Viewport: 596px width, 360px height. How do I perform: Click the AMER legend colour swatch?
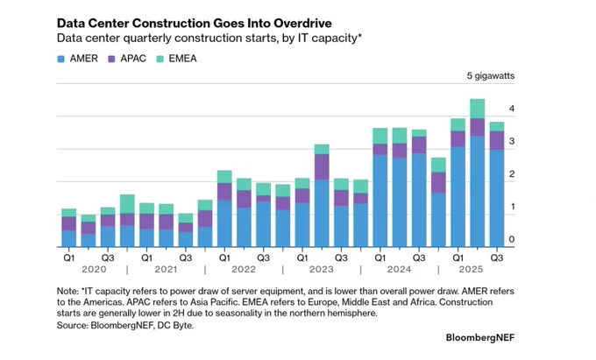[x=60, y=59]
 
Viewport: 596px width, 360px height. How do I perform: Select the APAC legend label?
[x=133, y=59]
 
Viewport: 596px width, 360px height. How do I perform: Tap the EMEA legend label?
[x=183, y=59]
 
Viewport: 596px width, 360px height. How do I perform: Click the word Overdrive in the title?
[x=303, y=23]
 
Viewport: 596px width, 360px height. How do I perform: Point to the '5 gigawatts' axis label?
[x=491, y=76]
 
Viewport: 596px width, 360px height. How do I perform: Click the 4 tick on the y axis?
[x=512, y=109]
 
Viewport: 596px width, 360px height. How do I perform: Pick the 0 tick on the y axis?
[x=512, y=239]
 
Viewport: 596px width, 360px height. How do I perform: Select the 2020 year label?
[x=95, y=269]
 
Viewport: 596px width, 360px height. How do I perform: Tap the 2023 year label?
[x=321, y=269]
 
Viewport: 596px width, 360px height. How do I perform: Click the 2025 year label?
[x=471, y=269]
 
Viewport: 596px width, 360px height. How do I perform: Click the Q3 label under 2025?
[x=497, y=258]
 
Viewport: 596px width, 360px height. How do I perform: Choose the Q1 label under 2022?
[x=224, y=258]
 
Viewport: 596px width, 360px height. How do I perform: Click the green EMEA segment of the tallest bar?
[x=478, y=109]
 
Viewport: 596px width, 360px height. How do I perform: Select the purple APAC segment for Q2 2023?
[x=322, y=167]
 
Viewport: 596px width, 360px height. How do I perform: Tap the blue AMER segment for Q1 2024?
[x=380, y=201]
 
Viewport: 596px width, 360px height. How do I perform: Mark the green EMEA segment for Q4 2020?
[x=127, y=204]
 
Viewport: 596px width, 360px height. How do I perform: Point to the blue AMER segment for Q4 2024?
[x=438, y=220]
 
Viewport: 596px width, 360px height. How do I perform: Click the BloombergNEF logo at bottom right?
[x=480, y=337]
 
